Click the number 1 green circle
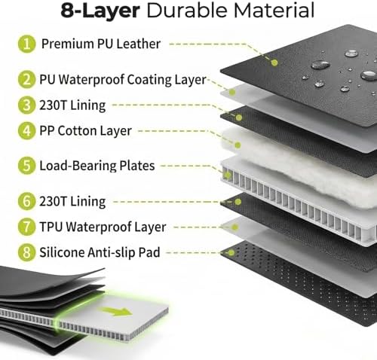coord(26,44)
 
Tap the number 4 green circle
coord(26,131)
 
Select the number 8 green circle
coord(26,252)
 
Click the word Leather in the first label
coord(139,44)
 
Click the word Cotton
coord(75,131)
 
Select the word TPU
coord(51,227)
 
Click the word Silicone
coord(62,252)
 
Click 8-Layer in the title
coord(100,11)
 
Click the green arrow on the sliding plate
coord(116,311)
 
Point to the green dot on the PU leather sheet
coord(274,63)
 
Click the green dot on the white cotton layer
coord(238,145)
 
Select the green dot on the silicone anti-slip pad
coord(231,252)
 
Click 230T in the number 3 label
coord(53,105)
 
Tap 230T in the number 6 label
coord(53,201)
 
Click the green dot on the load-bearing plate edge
coord(227,175)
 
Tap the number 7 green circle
coord(26,227)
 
